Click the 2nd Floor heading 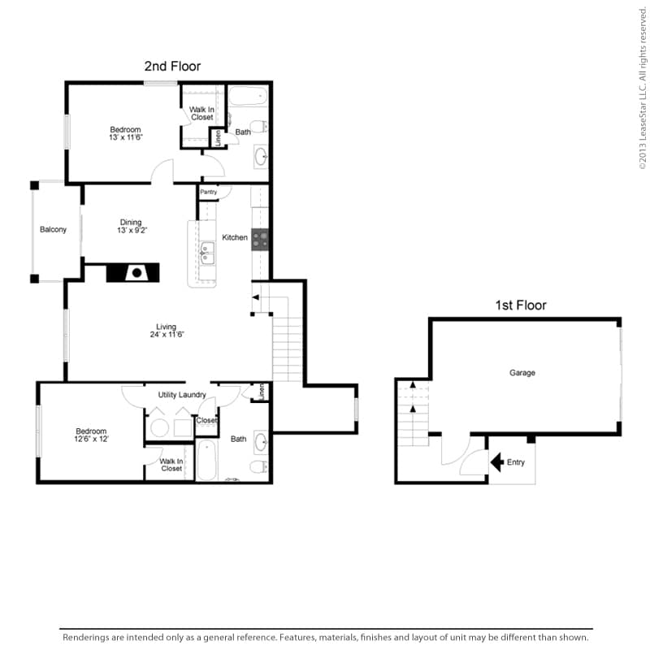click(x=172, y=67)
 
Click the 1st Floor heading click(x=521, y=305)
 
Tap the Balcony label click(x=53, y=230)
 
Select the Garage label click(x=522, y=373)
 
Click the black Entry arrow click(x=497, y=461)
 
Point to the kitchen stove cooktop click(x=260, y=240)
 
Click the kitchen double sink click(x=207, y=253)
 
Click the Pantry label click(x=209, y=192)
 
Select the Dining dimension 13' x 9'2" click(x=132, y=230)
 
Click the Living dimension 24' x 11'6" click(x=167, y=335)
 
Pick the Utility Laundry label click(x=182, y=395)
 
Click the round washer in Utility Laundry click(x=159, y=428)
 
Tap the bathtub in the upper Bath click(x=248, y=96)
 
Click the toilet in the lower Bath click(x=259, y=466)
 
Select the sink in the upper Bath click(x=261, y=157)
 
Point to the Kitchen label click(x=235, y=237)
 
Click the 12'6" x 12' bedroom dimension click(x=91, y=439)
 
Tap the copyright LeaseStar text click(x=643, y=88)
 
